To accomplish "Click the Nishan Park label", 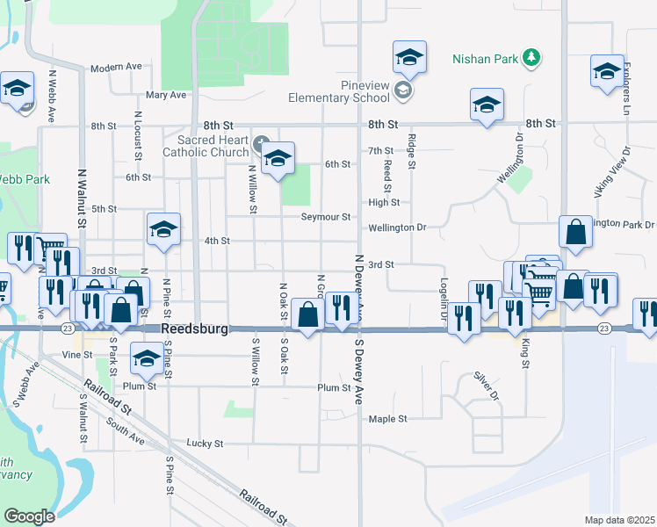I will (x=486, y=60).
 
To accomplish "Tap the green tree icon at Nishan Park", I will (x=531, y=59).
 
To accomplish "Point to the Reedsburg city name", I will (x=194, y=329).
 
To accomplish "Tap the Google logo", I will (x=29, y=516).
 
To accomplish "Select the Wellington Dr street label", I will (x=397, y=227).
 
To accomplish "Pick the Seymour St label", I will (x=326, y=217).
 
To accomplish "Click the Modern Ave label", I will (x=116, y=67).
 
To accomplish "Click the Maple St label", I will (x=387, y=420).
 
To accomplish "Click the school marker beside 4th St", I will (x=162, y=229).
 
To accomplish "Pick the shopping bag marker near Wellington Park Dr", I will (x=575, y=233).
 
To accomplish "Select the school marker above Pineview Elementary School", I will (x=409, y=58).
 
